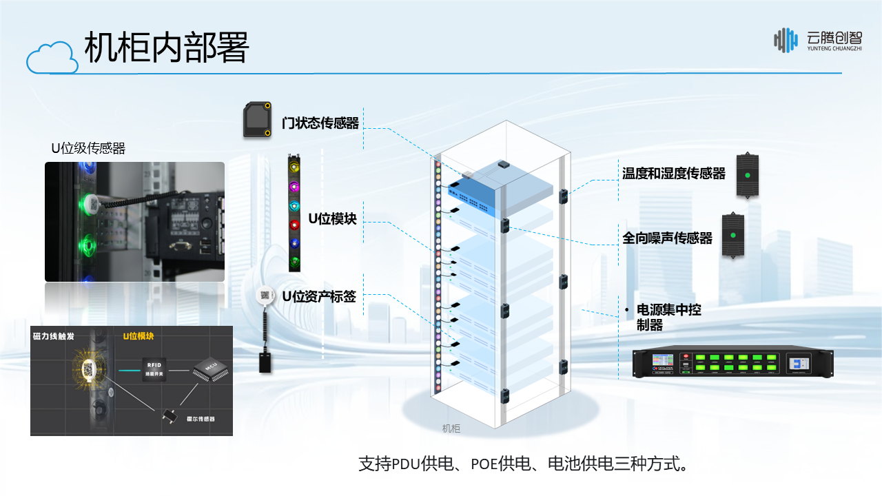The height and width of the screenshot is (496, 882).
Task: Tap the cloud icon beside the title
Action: click(x=52, y=57)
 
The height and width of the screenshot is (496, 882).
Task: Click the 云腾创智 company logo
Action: click(x=817, y=40)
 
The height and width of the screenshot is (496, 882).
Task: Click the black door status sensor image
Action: click(x=257, y=120)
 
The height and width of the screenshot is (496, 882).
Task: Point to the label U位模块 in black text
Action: click(x=332, y=219)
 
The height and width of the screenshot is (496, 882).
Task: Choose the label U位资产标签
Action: click(x=319, y=297)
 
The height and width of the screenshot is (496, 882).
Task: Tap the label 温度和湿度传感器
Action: click(x=674, y=174)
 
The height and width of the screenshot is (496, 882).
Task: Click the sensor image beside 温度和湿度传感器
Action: click(x=747, y=175)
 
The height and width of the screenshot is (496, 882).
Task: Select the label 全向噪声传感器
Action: click(x=667, y=238)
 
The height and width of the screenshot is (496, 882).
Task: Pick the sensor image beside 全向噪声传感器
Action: click(x=733, y=236)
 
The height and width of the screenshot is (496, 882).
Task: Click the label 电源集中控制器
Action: click(x=665, y=318)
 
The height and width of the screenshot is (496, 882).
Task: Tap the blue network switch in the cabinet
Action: click(x=476, y=195)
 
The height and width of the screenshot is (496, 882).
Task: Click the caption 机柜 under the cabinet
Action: click(x=451, y=428)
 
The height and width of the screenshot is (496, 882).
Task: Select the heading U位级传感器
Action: click(x=88, y=148)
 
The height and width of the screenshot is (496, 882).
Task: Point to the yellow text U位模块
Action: click(x=138, y=336)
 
